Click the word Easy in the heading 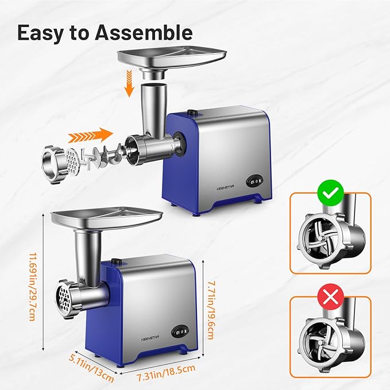42,32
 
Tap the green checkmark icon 330,194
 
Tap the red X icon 330,298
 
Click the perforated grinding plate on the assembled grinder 63,298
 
